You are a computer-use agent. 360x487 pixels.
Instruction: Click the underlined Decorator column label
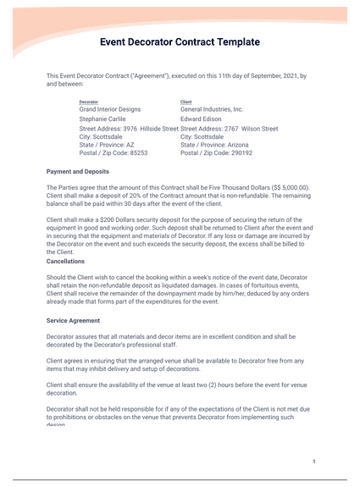point(89,102)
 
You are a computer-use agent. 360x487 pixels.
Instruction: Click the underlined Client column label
point(186,102)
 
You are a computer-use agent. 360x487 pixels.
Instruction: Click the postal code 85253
point(137,153)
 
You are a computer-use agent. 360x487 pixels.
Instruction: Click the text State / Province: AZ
point(107,145)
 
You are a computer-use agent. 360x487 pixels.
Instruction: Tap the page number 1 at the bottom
point(313,462)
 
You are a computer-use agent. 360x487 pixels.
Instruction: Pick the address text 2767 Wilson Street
point(255,128)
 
